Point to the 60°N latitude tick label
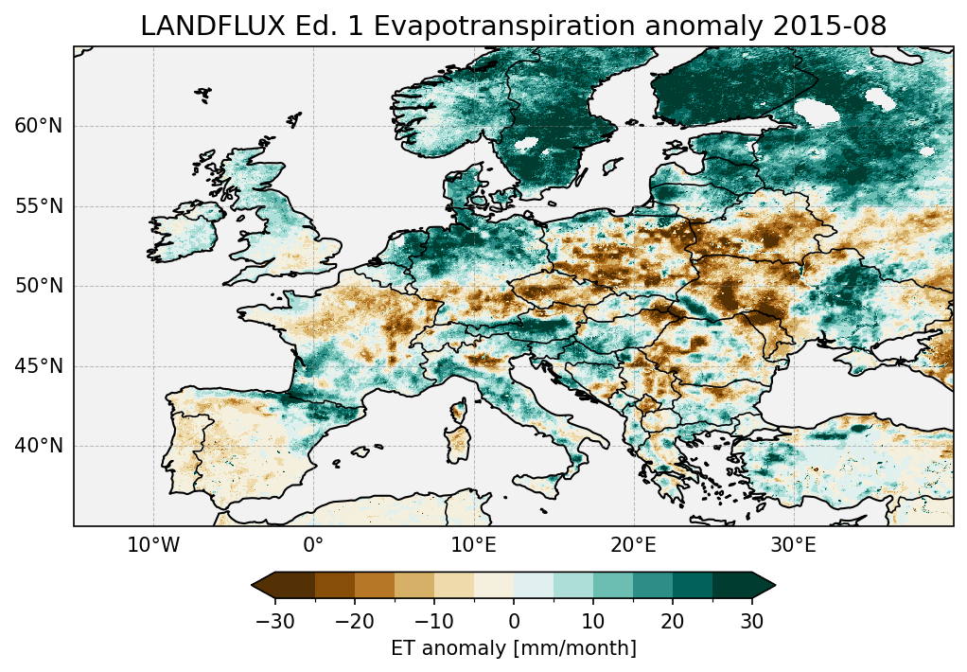pos(39,127)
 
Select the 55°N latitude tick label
pos(39,206)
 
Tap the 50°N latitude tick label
pos(39,286)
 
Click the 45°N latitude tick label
pos(39,366)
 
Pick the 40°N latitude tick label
pos(39,446)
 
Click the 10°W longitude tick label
pos(153,546)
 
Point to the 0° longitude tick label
pos(313,546)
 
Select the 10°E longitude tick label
pos(473,546)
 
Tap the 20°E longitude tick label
pos(633,546)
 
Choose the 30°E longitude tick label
pos(793,546)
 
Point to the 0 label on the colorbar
pos(514,621)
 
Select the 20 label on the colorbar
pos(673,621)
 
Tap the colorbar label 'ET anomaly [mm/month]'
pos(514,648)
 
